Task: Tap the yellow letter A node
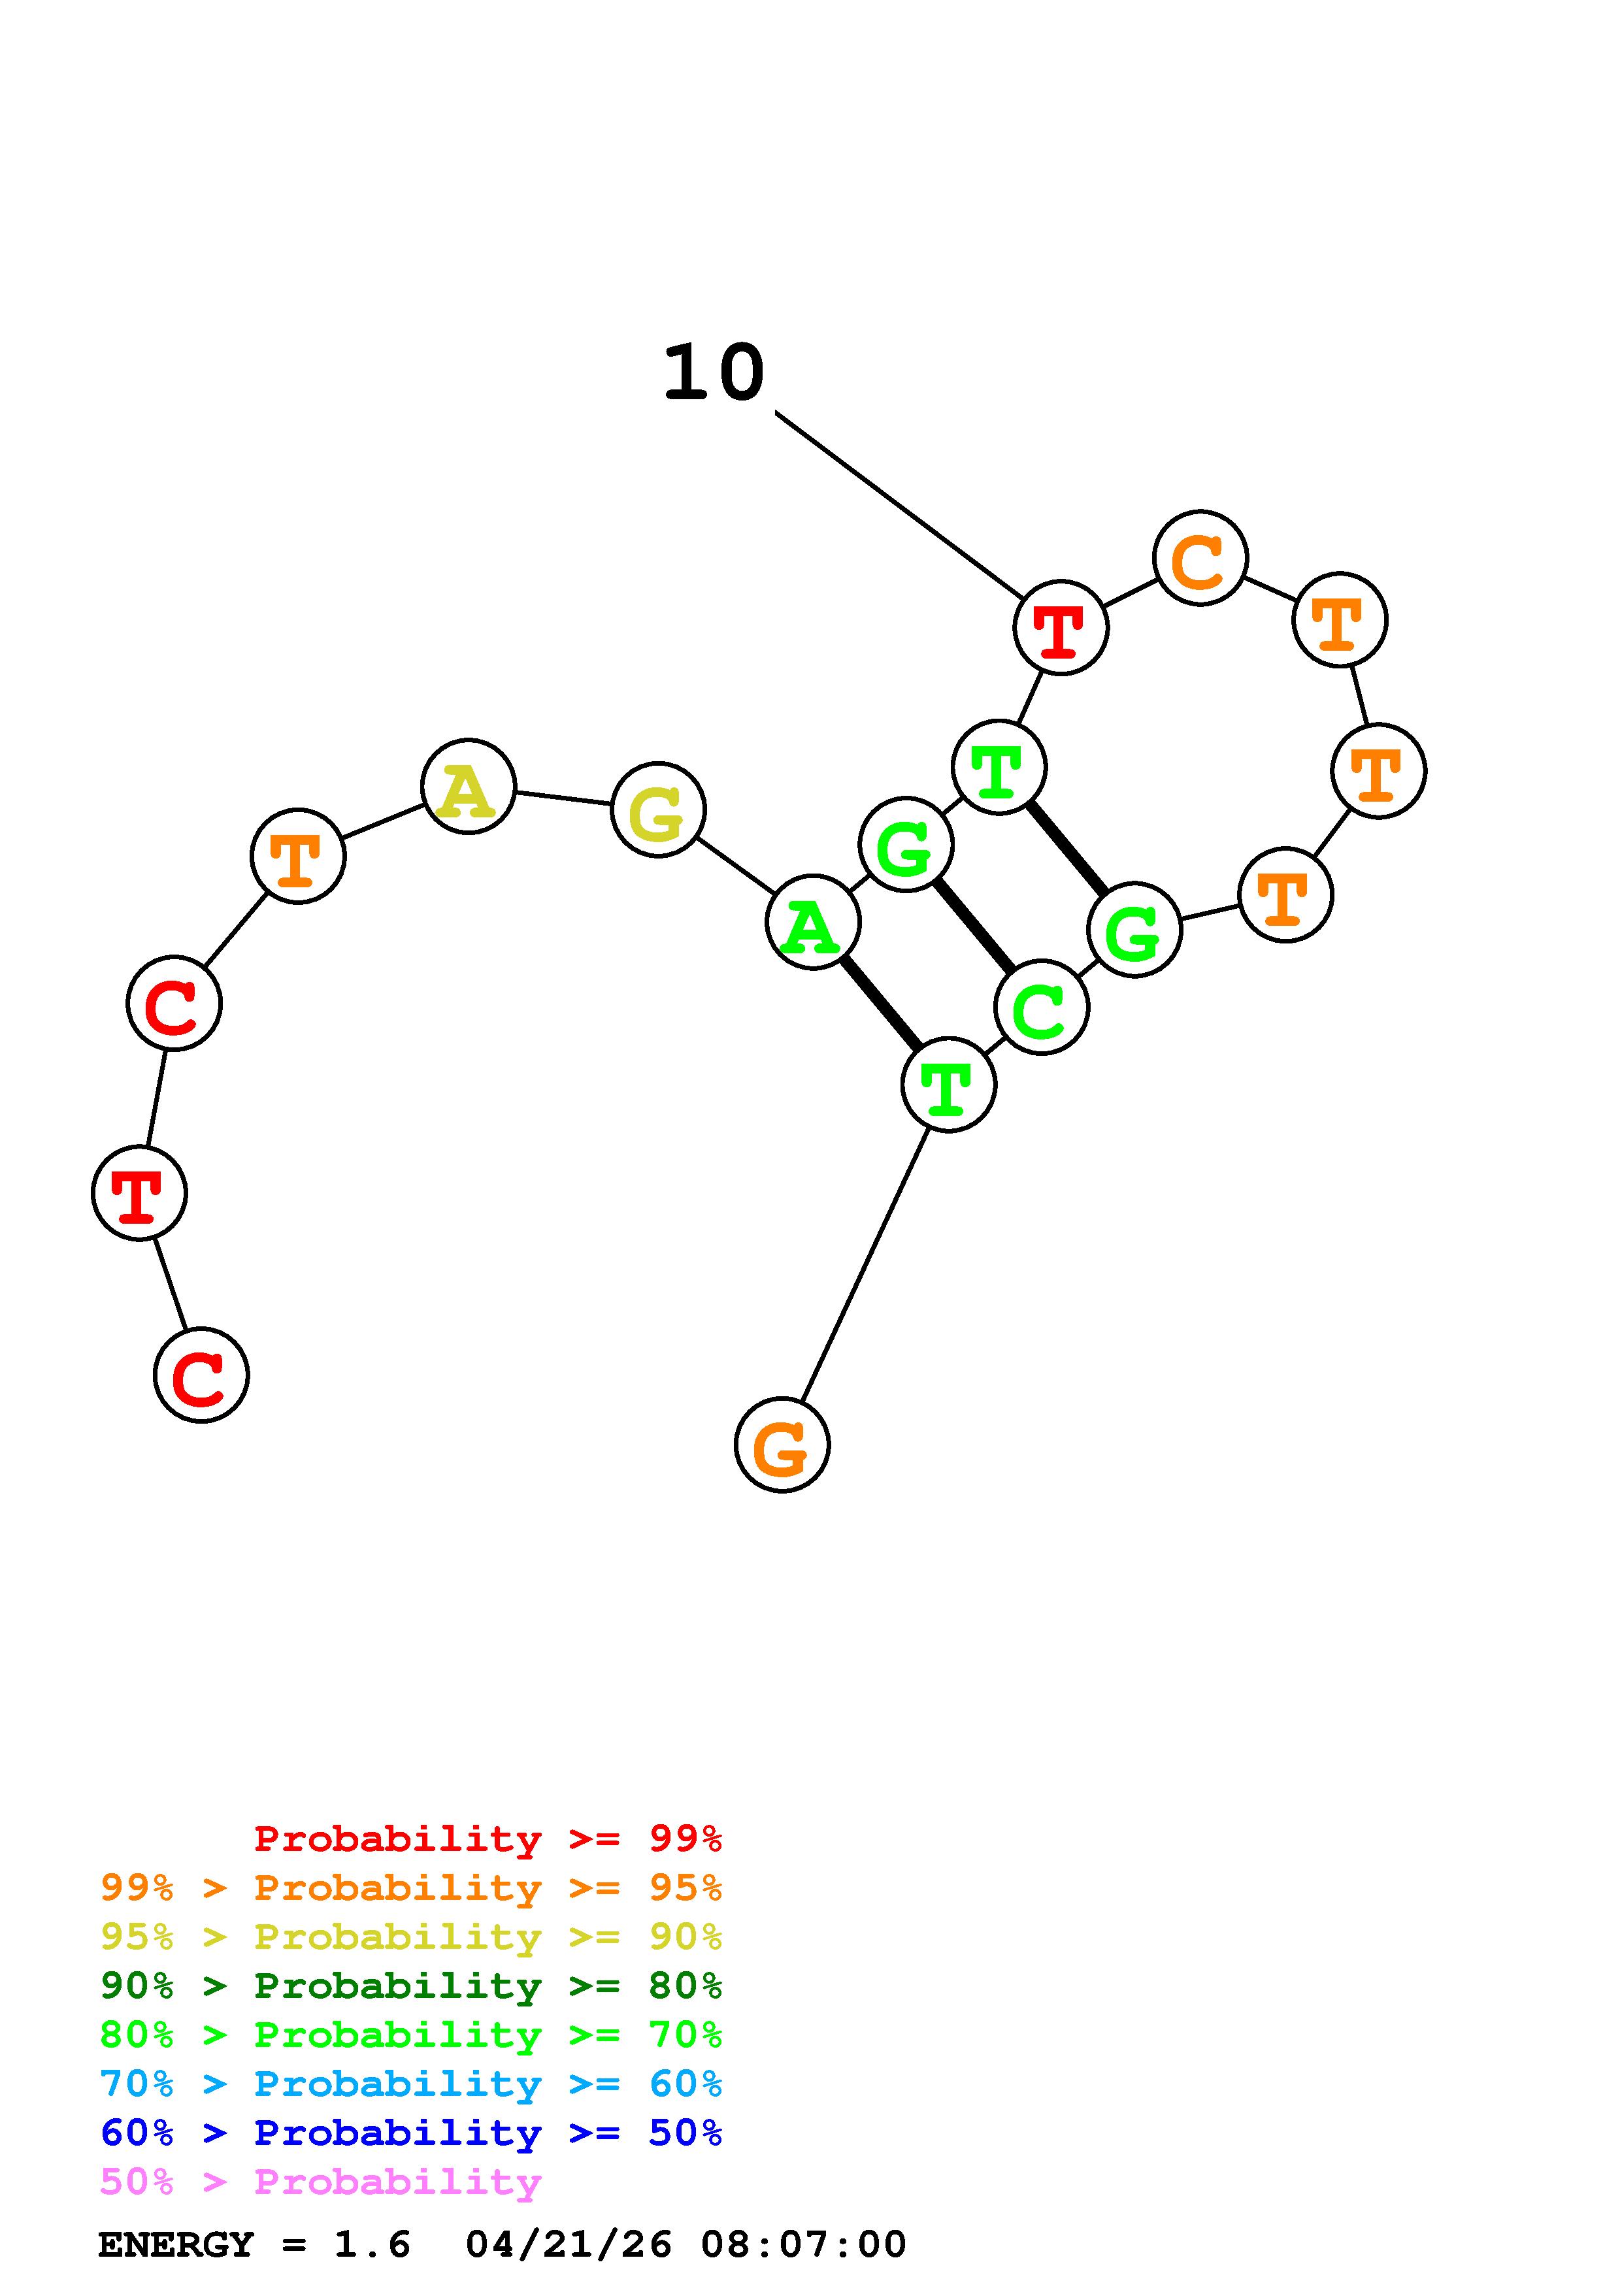pos(468,787)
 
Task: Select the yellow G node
pos(658,810)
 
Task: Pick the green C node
pos(1041,1007)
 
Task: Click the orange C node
pos(1200,558)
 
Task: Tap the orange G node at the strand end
pos(782,1445)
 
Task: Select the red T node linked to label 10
pos(1060,628)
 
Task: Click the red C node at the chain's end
pos(201,1375)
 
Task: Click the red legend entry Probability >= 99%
pos(487,1838)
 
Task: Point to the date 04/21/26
pos(569,2244)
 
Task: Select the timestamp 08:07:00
pos(804,2244)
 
